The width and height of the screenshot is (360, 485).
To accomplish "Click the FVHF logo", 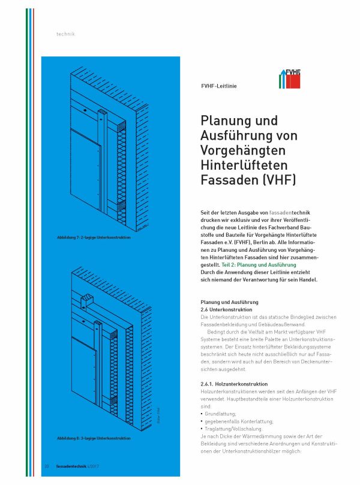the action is point(289,79).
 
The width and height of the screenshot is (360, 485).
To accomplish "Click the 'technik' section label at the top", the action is point(65,34).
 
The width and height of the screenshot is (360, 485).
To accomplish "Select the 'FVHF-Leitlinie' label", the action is point(218,86).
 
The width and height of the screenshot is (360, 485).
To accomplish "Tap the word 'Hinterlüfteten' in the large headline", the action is point(244,165).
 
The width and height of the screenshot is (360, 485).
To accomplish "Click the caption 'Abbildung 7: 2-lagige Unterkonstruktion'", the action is point(94,237).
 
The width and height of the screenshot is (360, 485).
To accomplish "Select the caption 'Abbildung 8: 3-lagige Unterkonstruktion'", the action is point(94,438).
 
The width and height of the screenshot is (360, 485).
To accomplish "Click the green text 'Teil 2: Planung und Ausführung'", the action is point(259,265).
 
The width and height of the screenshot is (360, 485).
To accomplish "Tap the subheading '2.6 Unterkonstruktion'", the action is point(226,309).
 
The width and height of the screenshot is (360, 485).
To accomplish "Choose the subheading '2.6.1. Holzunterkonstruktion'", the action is point(234,384).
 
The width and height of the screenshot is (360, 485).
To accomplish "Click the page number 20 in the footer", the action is point(47,466).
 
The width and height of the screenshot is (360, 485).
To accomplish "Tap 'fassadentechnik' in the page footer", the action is point(71,466).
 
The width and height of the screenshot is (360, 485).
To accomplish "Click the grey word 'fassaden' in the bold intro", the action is point(280,213).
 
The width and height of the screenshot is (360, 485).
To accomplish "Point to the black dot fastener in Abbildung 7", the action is point(84,110).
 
